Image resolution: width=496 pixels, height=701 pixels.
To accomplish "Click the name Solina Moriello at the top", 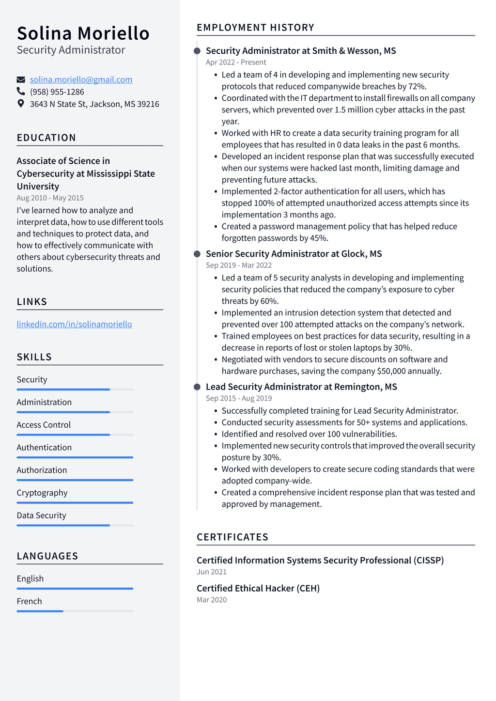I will [83, 33].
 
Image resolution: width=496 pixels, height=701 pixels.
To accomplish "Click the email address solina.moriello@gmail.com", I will [81, 79].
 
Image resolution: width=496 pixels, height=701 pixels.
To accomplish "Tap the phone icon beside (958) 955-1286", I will [21, 91].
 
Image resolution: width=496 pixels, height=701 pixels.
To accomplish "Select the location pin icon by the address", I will [21, 103].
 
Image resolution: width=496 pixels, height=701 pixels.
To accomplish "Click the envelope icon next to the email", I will [21, 79].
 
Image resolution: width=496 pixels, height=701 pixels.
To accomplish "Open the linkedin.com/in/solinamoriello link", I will [74, 324].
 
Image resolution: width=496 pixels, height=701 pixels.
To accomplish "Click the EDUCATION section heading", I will [46, 138].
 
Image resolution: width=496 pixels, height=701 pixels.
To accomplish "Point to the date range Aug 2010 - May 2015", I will [50, 198].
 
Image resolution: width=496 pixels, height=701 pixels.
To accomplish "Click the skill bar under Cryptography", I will [75, 502].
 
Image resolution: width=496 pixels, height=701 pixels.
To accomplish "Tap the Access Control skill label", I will [44, 425].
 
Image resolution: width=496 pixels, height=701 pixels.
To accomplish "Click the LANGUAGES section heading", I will [47, 556].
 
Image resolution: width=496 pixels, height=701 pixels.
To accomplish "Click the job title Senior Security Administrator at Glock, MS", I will [294, 254].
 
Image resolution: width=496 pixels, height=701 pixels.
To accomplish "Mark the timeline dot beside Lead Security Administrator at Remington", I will [197, 387].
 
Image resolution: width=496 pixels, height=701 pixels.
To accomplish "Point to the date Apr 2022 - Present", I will [236, 62].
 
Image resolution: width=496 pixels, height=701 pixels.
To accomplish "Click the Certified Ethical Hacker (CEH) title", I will [258, 588].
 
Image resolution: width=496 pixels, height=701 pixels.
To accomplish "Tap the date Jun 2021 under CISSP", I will [212, 572].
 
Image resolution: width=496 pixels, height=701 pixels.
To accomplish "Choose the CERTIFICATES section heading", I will [232, 537].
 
